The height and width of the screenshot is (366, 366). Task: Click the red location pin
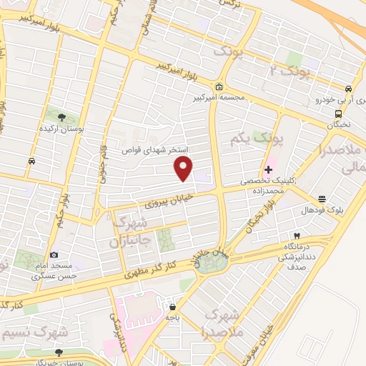pyautogui.click(x=184, y=169)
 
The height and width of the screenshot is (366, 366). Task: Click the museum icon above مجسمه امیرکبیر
pyautogui.click(x=218, y=87)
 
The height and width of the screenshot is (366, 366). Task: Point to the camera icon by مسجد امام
pyautogui.click(x=54, y=255)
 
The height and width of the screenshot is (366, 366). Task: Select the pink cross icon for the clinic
pyautogui.click(x=268, y=169)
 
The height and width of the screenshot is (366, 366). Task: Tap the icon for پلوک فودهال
pyautogui.click(x=322, y=199)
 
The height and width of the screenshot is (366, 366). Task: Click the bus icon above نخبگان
pyautogui.click(x=338, y=113)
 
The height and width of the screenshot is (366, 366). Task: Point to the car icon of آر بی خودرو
pyautogui.click(x=348, y=89)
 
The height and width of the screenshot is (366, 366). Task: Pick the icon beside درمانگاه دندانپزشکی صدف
pyautogui.click(x=297, y=236)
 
